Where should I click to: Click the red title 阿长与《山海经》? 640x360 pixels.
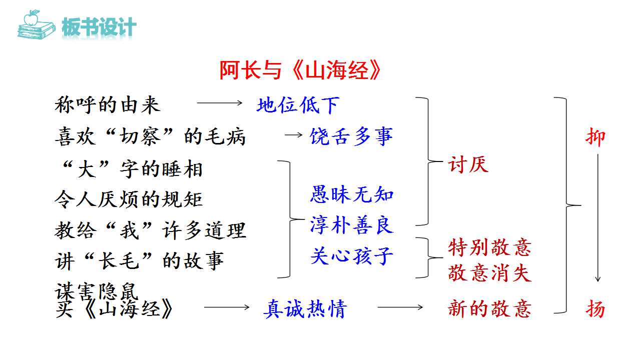[300, 70]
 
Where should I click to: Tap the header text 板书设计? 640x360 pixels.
[99, 27]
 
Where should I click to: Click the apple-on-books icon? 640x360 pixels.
[36, 24]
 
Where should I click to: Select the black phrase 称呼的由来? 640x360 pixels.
[108, 105]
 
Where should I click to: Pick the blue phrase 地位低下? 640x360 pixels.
[298, 105]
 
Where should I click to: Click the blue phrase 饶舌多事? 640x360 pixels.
[351, 136]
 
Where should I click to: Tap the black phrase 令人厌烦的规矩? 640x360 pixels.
[129, 199]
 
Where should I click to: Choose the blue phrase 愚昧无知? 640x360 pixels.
[352, 194]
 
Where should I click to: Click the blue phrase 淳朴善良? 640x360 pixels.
[352, 225]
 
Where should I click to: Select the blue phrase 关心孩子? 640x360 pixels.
[352, 255]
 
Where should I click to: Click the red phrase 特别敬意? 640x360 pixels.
[490, 247]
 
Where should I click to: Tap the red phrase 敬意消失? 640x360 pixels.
[490, 272]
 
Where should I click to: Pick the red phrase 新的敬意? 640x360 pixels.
[490, 308]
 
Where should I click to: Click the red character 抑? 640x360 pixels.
[595, 137]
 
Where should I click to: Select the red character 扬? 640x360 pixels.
[595, 308]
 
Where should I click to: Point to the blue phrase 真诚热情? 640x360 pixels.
[305, 308]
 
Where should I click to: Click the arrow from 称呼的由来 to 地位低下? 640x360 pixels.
[220, 103]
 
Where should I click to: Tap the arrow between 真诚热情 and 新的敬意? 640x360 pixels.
[400, 307]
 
